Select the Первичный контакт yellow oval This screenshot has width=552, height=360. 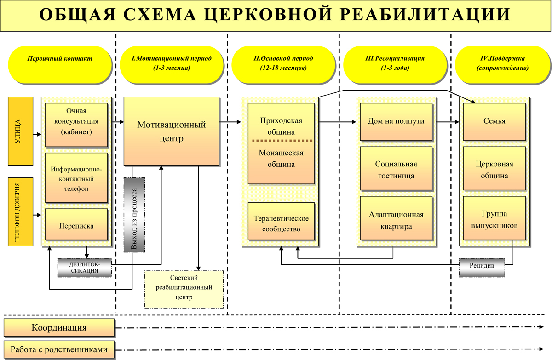59,63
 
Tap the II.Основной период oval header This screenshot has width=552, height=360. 283,63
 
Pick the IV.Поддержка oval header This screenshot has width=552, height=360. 502,63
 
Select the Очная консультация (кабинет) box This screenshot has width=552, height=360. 76,121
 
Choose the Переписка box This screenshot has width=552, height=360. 76,226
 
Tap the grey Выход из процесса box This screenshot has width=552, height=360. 134,215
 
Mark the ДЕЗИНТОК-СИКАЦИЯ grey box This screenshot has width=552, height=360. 85,267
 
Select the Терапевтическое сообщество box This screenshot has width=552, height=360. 281,223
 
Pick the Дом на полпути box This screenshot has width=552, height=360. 396,122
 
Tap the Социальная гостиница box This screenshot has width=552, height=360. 396,169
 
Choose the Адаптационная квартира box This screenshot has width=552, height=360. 396,220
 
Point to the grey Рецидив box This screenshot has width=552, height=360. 482,267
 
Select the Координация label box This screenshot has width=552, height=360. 59,328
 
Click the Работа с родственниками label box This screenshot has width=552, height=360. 59,349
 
